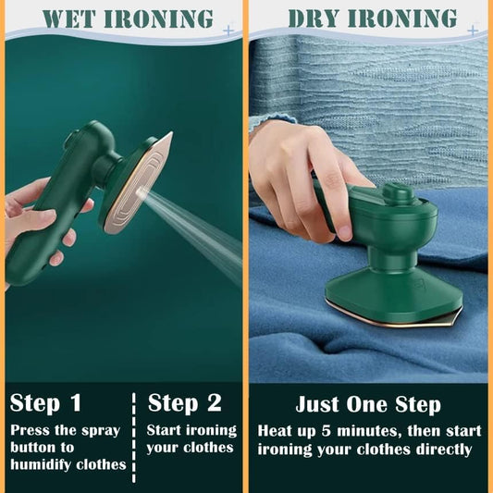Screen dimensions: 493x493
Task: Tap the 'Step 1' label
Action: tap(46, 403)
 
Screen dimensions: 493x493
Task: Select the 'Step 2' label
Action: tap(185, 403)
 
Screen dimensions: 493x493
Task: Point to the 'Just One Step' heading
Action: tap(368, 405)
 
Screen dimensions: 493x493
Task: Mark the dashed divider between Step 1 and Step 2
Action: tap(136, 432)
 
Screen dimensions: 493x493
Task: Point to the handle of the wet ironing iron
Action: tap(46, 222)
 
